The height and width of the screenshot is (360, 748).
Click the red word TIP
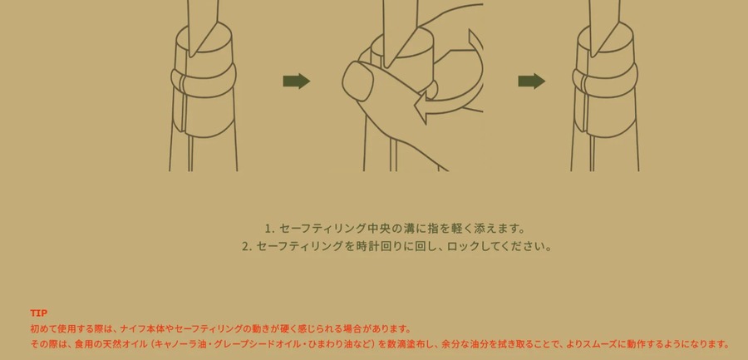38,313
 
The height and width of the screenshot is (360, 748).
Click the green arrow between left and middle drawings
296,81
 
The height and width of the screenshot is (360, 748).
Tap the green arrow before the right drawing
531,81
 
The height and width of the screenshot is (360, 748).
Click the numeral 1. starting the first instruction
269,229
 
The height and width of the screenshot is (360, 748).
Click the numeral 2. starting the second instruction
246,247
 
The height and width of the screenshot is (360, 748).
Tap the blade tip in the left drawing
190,57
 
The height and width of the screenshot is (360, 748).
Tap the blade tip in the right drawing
593,57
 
